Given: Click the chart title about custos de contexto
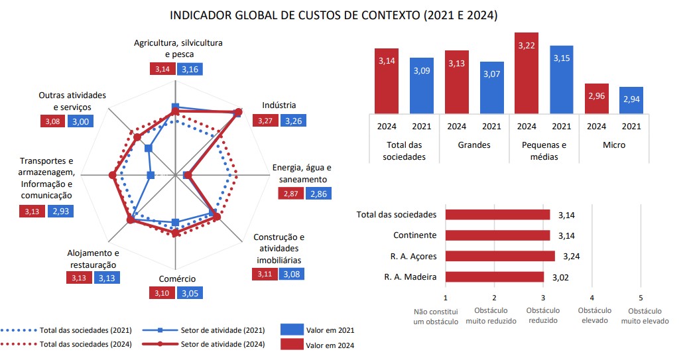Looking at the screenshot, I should [x=334, y=14].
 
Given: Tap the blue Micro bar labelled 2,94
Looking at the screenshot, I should [x=631, y=99].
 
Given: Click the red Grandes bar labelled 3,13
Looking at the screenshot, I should [x=456, y=81].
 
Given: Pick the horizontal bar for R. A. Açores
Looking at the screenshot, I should [x=500, y=256].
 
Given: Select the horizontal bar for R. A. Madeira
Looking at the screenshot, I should [x=495, y=277].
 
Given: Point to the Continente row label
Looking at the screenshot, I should [x=414, y=235].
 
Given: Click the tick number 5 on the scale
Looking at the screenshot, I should [x=641, y=298].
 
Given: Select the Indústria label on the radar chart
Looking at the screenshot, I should [x=279, y=105].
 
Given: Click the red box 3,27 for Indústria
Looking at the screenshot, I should [x=265, y=121].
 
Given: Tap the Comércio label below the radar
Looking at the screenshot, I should [x=177, y=278].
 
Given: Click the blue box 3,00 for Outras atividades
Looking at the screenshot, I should [x=79, y=121].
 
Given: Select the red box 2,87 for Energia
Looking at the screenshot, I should [x=290, y=194].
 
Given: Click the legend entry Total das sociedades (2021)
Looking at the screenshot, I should [x=86, y=330].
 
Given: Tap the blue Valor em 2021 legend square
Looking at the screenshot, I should [x=291, y=330].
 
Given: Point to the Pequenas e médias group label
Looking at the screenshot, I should [x=544, y=150].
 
